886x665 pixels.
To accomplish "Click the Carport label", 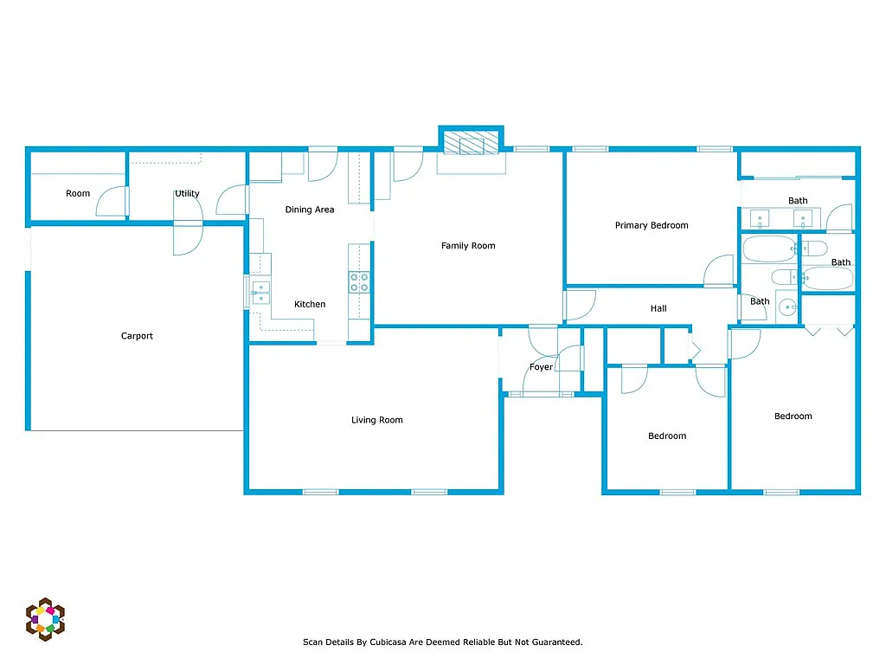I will [137, 336].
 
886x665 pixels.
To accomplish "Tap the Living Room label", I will [376, 420].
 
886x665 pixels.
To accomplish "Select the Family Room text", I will [468, 246].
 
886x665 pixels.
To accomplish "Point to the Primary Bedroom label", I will [652, 225].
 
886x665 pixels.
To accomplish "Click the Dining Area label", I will [310, 210].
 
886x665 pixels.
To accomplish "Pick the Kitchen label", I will [310, 304].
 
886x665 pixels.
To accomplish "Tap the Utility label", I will [187, 193].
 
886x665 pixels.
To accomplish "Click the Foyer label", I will [541, 367].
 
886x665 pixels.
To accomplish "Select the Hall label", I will [658, 308].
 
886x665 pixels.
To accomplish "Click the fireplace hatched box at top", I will [471, 141].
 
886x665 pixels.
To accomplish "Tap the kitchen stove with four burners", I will [359, 282].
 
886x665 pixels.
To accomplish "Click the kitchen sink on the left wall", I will [260, 293].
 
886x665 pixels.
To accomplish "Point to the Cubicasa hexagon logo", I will [45, 618].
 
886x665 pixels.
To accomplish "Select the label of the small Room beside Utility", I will [78, 193].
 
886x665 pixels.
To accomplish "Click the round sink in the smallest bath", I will [786, 307].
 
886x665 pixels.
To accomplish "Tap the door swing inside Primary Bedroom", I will [718, 271].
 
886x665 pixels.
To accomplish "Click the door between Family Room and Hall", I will [579, 305].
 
